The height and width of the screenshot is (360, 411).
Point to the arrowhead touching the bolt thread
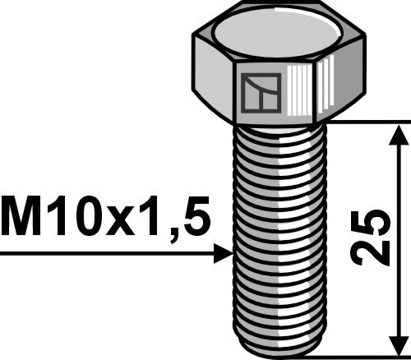[x=223, y=254]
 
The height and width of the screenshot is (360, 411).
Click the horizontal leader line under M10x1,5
[x=107, y=254]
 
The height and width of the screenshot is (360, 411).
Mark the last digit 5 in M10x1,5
[x=194, y=220]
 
